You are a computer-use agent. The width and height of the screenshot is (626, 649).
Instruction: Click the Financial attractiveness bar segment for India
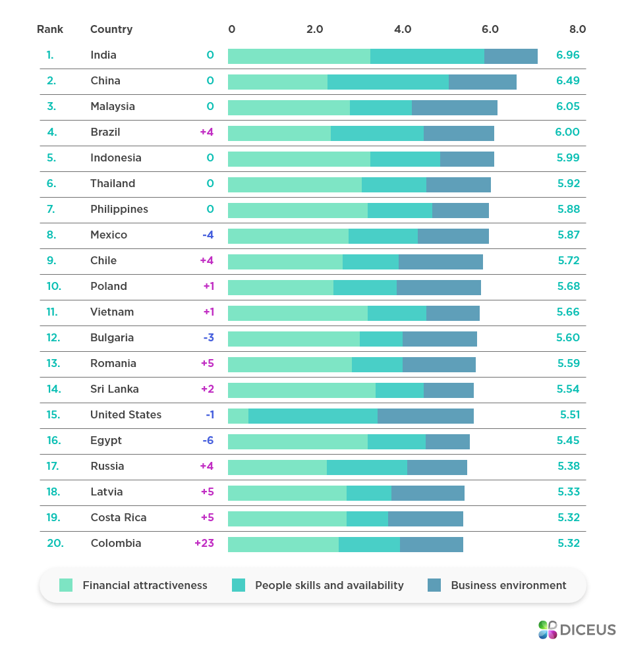pyautogui.click(x=299, y=56)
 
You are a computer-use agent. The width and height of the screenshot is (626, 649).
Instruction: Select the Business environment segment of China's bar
pyautogui.click(x=482, y=82)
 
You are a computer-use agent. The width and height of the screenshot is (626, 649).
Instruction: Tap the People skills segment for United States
pyautogui.click(x=313, y=416)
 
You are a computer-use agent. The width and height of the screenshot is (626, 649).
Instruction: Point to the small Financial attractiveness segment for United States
pyautogui.click(x=238, y=416)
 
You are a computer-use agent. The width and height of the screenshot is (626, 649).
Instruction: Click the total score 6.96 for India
pyautogui.click(x=567, y=55)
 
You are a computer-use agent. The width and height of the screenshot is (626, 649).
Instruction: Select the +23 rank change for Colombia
pyautogui.click(x=204, y=544)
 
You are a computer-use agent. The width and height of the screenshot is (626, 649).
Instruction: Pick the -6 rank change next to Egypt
pyautogui.click(x=208, y=441)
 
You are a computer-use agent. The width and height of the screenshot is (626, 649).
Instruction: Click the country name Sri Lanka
pyautogui.click(x=115, y=389)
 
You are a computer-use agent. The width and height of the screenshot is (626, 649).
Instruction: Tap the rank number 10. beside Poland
pyautogui.click(x=53, y=287)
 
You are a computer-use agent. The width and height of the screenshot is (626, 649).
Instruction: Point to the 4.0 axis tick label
pyautogui.click(x=403, y=30)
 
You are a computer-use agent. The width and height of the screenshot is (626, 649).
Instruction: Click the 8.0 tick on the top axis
pyautogui.click(x=577, y=30)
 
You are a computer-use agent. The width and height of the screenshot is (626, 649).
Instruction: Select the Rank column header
pyautogui.click(x=50, y=30)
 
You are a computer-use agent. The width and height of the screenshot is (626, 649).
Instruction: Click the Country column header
pyautogui.click(x=111, y=30)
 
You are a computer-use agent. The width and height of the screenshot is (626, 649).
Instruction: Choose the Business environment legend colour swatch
pyautogui.click(x=434, y=585)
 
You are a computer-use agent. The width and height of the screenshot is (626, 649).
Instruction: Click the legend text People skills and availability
pyautogui.click(x=329, y=585)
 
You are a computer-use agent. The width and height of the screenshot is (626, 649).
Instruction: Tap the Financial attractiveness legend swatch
pyautogui.click(x=66, y=585)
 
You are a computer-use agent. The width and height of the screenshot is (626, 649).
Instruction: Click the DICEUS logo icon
pyautogui.click(x=548, y=630)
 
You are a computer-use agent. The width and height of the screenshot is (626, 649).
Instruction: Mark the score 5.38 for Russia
pyautogui.click(x=567, y=466)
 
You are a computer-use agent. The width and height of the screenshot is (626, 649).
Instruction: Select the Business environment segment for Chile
pyautogui.click(x=440, y=262)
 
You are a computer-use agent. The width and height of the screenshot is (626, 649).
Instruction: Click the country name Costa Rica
pyautogui.click(x=119, y=518)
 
